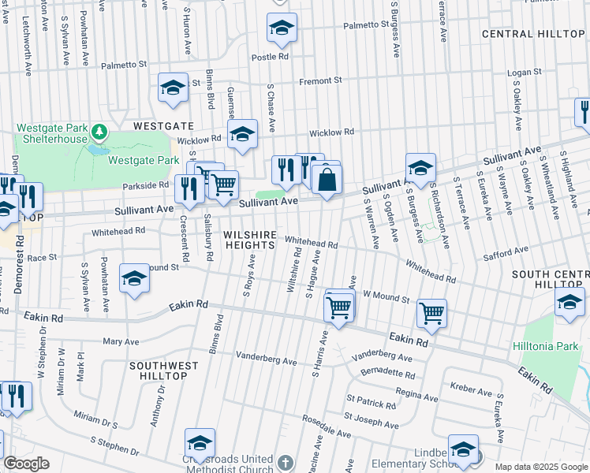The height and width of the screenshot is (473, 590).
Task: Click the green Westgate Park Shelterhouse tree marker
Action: point(99,130)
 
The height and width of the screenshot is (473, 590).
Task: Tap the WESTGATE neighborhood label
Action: point(162,125)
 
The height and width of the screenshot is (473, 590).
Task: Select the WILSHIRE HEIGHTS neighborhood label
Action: point(249,240)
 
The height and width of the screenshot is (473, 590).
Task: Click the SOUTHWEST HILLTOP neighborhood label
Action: point(159,371)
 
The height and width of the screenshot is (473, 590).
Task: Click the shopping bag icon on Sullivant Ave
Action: point(326,180)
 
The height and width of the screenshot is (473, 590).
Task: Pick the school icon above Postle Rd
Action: point(282,28)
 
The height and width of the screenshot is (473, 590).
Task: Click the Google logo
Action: point(26,464)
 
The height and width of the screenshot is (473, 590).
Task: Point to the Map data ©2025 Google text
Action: point(540,467)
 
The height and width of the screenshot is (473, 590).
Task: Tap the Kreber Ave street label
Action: point(471,389)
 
